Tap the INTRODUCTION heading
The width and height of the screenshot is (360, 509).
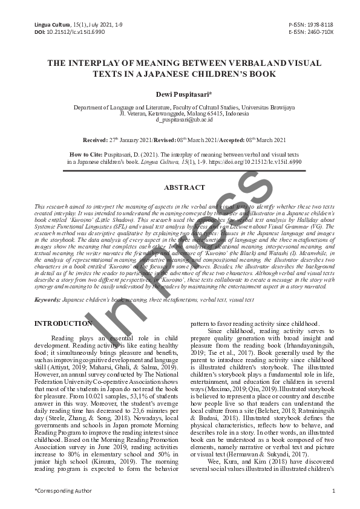63,323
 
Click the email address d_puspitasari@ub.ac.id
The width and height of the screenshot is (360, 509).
180,120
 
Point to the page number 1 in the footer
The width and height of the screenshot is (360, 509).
333,490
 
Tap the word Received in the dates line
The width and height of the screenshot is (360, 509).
95,138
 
